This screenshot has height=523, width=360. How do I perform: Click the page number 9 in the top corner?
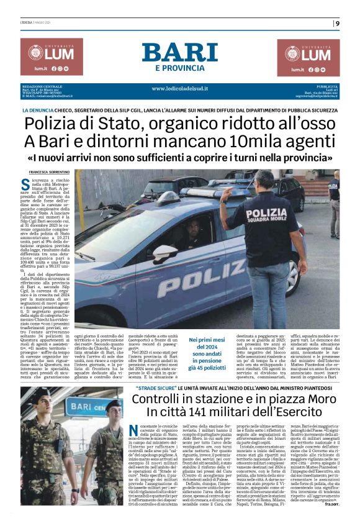coord(337,24)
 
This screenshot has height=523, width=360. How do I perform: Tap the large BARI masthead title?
coord(179,53)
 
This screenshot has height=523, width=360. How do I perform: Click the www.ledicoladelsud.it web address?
coord(179,88)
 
